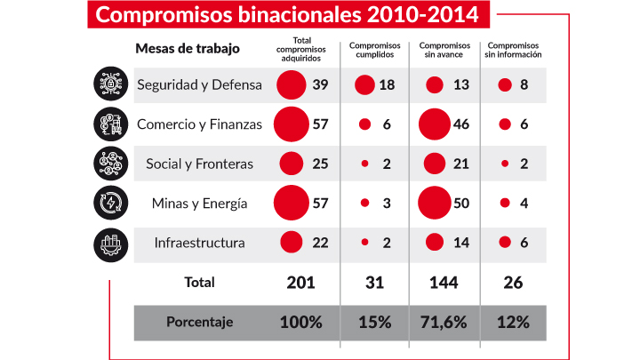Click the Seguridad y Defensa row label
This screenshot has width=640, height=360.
(199, 84)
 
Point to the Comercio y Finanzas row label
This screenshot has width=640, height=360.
(199, 124)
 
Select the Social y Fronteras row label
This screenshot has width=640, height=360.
(199, 164)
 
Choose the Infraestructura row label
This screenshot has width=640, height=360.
(199, 242)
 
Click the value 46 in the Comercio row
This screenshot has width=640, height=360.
(461, 124)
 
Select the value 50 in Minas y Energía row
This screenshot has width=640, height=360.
(461, 203)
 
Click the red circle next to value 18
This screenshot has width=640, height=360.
(364, 84)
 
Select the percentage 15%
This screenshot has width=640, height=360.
(373, 323)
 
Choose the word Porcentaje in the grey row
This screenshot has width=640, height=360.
(199, 323)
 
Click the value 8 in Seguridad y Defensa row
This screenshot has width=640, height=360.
(524, 84)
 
